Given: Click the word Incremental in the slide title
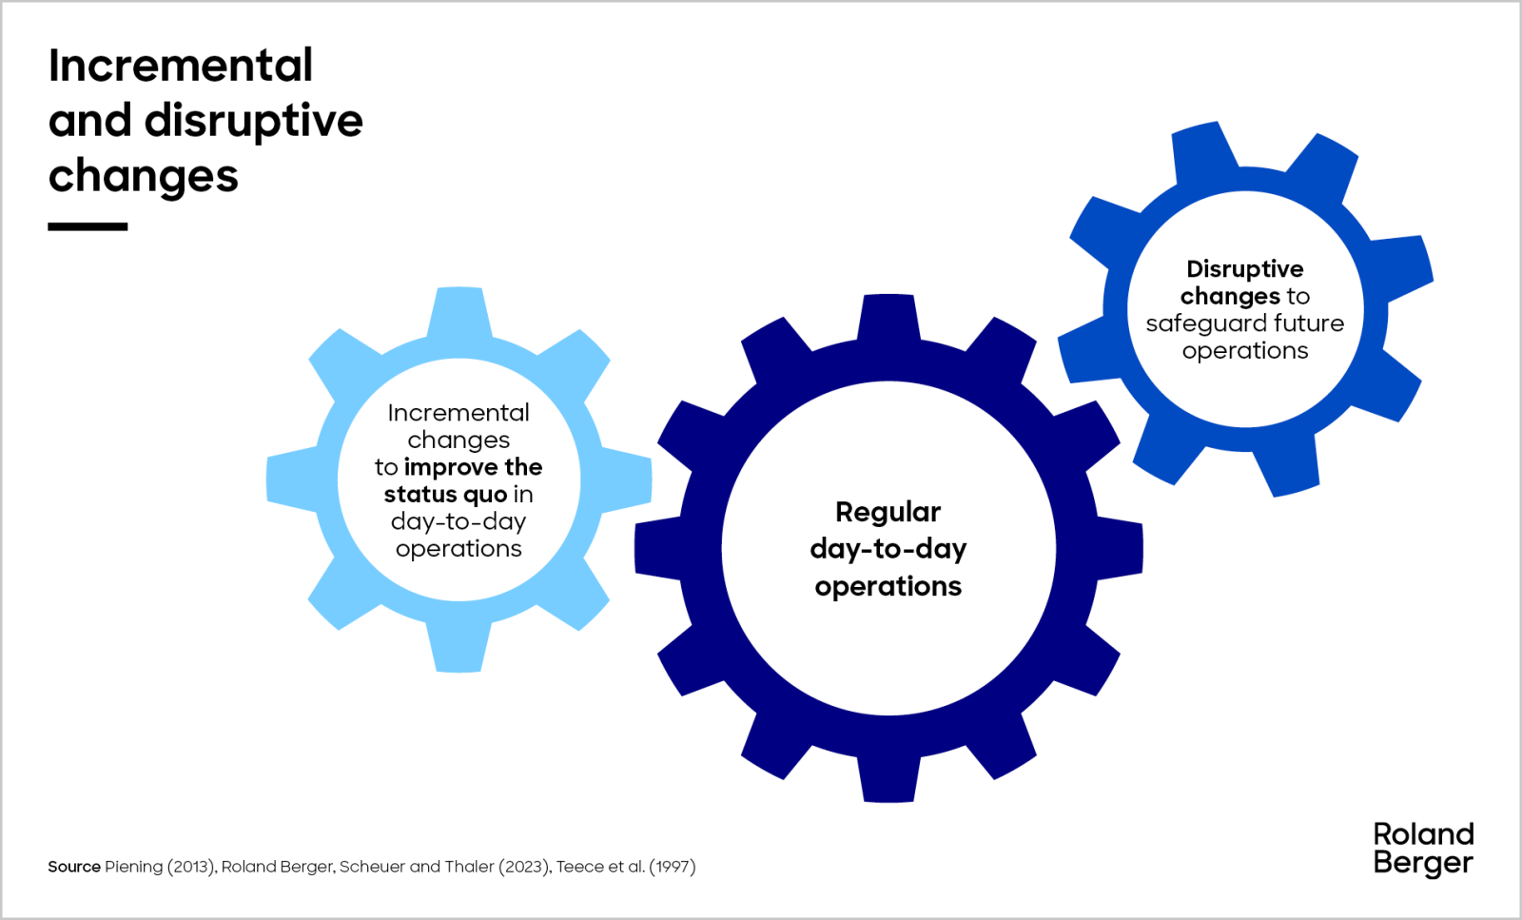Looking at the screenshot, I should point(181,66).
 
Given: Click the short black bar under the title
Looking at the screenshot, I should point(88,226).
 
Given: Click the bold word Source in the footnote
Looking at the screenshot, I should point(74,867).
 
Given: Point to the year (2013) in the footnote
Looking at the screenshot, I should point(192,867).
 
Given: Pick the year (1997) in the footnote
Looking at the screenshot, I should point(673,867).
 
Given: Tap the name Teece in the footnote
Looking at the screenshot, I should point(579,867).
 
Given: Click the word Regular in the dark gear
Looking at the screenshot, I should point(888,512).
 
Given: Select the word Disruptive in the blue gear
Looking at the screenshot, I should point(1244,269).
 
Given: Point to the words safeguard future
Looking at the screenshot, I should point(1244,323).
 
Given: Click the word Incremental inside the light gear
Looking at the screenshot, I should point(459,413).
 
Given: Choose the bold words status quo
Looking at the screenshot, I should point(445,495).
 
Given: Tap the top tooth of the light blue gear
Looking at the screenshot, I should point(459,309).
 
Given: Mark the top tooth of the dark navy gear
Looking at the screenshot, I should point(888,317).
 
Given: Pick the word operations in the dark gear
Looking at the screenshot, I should point(888,586).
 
